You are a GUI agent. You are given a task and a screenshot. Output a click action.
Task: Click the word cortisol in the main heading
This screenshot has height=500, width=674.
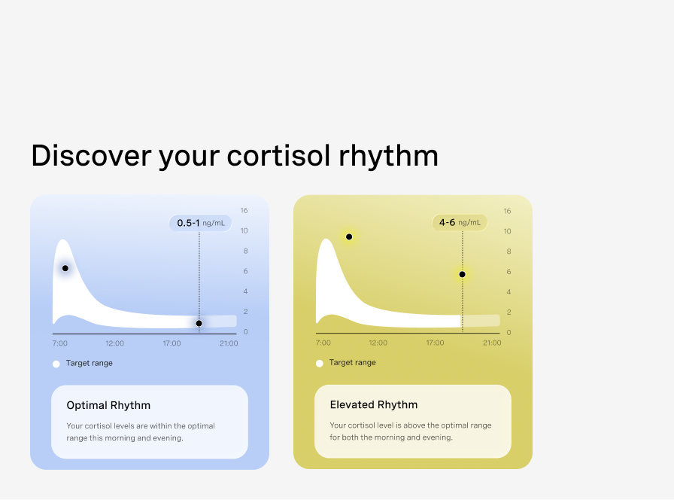click(x=278, y=155)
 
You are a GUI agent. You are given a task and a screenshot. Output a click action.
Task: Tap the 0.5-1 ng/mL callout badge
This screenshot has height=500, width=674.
click(x=200, y=223)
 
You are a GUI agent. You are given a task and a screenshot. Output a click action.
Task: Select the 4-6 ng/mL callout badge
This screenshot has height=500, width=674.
click(x=460, y=222)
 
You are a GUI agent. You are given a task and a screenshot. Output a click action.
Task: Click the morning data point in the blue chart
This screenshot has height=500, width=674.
click(x=65, y=268)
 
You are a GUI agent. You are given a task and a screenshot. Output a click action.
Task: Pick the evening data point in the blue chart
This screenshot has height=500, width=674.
click(x=199, y=323)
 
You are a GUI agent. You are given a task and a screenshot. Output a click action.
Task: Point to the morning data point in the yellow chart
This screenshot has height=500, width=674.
click(x=349, y=236)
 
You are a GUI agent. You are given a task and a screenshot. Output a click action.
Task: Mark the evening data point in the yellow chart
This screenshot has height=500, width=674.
click(x=462, y=274)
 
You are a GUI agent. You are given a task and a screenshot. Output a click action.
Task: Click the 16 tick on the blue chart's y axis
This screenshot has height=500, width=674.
click(x=244, y=210)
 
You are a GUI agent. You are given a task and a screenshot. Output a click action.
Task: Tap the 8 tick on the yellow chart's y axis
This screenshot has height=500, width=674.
click(x=509, y=252)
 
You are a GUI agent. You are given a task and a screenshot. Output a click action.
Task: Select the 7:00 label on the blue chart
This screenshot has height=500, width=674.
click(x=60, y=343)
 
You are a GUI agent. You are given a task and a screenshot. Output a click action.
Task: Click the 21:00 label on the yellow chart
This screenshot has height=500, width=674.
click(x=492, y=343)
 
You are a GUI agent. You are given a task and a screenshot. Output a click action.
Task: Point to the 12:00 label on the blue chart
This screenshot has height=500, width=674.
click(x=115, y=343)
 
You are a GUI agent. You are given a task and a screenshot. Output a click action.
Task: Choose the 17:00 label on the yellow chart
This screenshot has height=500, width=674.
click(x=435, y=343)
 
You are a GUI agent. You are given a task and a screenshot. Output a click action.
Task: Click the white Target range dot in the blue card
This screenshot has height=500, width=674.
click(x=56, y=364)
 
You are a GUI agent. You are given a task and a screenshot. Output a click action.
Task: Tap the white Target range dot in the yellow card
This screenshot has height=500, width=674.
click(x=320, y=364)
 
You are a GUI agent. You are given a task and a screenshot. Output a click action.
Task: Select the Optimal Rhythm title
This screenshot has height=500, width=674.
click(x=108, y=405)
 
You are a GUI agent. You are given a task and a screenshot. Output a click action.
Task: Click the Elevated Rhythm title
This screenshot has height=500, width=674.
click(x=374, y=405)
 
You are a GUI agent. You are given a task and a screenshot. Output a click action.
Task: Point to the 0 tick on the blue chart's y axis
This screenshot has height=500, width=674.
click(x=245, y=332)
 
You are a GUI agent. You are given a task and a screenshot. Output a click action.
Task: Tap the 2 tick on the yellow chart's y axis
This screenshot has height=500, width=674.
click(x=509, y=312)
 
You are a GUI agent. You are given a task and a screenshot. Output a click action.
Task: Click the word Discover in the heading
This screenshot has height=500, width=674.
click(x=91, y=155)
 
